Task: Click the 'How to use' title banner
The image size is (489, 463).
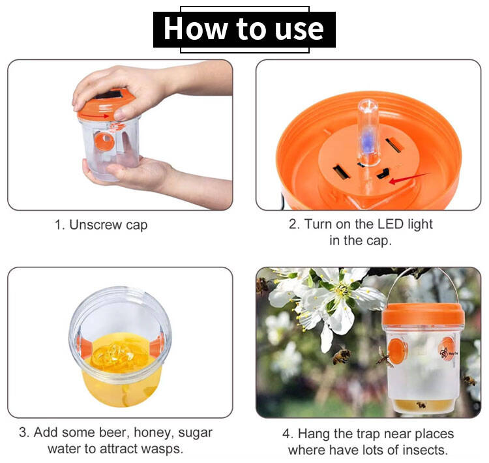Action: pos(244,29)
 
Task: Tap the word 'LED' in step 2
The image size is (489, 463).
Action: pos(391,224)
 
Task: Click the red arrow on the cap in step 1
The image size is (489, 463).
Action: pos(95,116)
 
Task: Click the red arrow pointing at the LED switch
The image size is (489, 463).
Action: pos(409,177)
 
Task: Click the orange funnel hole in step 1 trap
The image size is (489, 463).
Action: pos(104,141)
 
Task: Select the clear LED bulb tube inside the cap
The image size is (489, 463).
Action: pos(368,132)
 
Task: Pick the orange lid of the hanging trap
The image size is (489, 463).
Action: pos(423,314)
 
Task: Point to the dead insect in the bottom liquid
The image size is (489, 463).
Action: pos(421,405)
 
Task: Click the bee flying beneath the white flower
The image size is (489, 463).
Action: pos(342,356)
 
